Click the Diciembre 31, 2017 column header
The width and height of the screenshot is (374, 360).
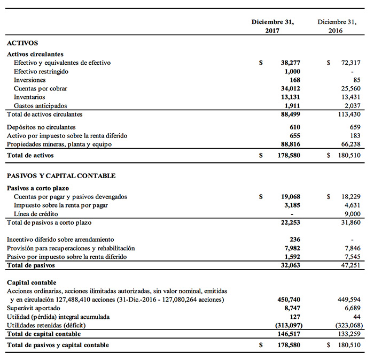point(272,26)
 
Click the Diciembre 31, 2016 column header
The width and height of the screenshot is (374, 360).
point(337,26)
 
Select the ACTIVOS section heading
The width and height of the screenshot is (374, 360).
point(22,43)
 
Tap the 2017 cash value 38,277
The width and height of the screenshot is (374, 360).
point(290,63)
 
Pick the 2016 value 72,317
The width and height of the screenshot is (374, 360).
point(351,63)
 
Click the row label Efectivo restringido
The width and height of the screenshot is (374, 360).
point(41,72)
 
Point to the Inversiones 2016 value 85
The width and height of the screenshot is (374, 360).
point(356,80)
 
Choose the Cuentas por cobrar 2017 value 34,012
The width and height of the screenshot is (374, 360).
point(290,89)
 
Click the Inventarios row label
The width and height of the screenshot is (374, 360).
point(29,97)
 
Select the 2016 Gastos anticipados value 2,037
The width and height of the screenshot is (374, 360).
point(353,106)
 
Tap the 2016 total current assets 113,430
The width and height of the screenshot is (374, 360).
point(350,114)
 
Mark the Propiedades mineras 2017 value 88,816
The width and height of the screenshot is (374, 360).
point(290,144)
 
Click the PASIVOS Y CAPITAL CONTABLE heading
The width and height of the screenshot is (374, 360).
point(61,175)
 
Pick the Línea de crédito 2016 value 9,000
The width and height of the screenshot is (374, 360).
point(353,214)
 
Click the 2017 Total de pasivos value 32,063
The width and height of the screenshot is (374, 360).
point(290,265)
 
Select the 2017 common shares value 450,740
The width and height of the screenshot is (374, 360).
point(289,300)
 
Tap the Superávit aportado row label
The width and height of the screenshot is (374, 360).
point(32,308)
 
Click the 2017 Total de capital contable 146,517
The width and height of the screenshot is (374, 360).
point(289,334)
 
